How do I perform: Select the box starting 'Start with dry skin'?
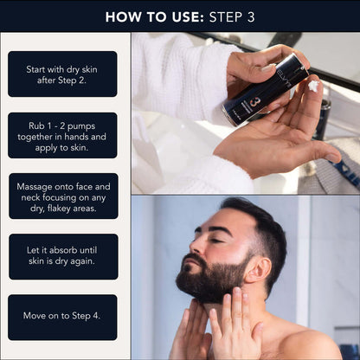pos(62,74)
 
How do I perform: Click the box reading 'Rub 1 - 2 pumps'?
pos(62,136)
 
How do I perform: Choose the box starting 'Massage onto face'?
pos(62,197)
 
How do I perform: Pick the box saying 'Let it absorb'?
pos(62,257)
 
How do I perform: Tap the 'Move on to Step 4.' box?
pos(62,316)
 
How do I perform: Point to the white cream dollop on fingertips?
pos(312,87)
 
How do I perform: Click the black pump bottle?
pos(264,90)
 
